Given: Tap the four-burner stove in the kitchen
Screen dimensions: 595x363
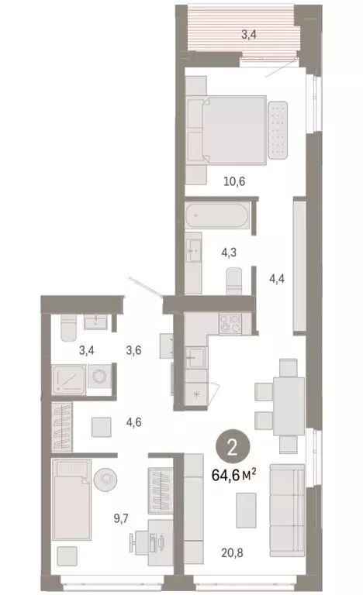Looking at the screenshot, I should [x=230, y=325].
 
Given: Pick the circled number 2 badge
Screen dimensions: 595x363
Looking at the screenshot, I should [x=231, y=446].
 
